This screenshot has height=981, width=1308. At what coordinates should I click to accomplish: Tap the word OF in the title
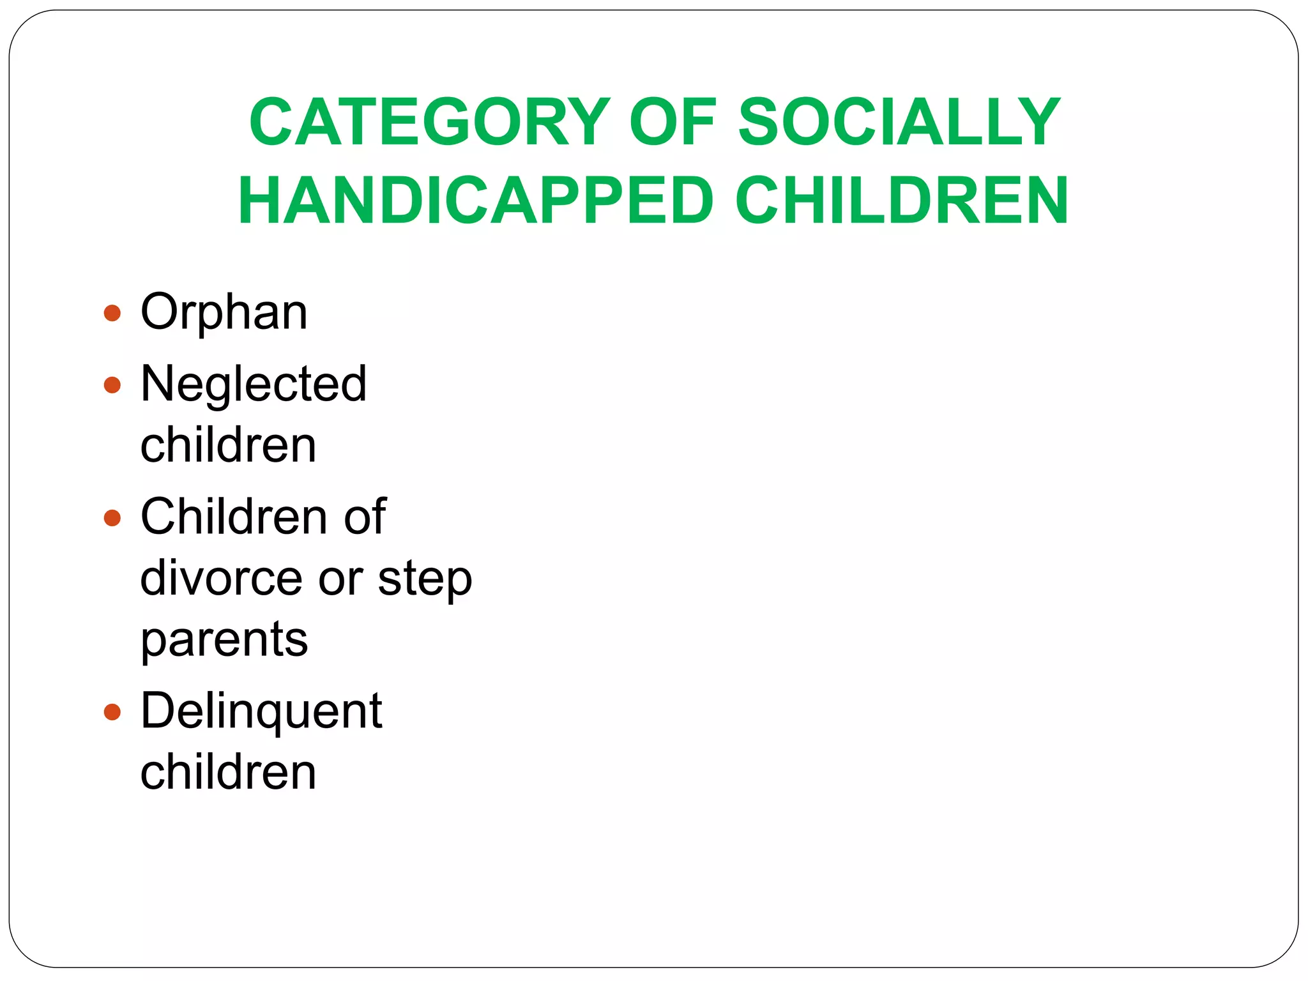click(673, 122)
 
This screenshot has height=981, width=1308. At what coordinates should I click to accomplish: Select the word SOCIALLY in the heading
click(899, 122)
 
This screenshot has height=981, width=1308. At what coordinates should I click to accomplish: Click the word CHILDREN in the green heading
click(902, 201)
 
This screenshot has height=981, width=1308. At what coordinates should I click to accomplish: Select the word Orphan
click(224, 313)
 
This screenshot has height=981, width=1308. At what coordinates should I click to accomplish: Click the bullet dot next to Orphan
click(112, 313)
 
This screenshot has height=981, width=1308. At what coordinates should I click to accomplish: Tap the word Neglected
click(254, 384)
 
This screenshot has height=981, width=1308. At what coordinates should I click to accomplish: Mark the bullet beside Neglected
click(112, 384)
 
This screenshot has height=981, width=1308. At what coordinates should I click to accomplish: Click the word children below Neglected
click(228, 445)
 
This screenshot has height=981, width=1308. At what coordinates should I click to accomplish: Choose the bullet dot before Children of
click(112, 517)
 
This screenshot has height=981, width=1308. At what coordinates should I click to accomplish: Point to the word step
click(425, 579)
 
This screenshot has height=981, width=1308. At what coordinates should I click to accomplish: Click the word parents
click(224, 639)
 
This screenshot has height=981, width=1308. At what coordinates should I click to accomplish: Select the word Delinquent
click(261, 711)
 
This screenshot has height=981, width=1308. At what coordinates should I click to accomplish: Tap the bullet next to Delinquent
click(112, 711)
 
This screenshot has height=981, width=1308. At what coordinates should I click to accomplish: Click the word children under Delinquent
click(228, 772)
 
